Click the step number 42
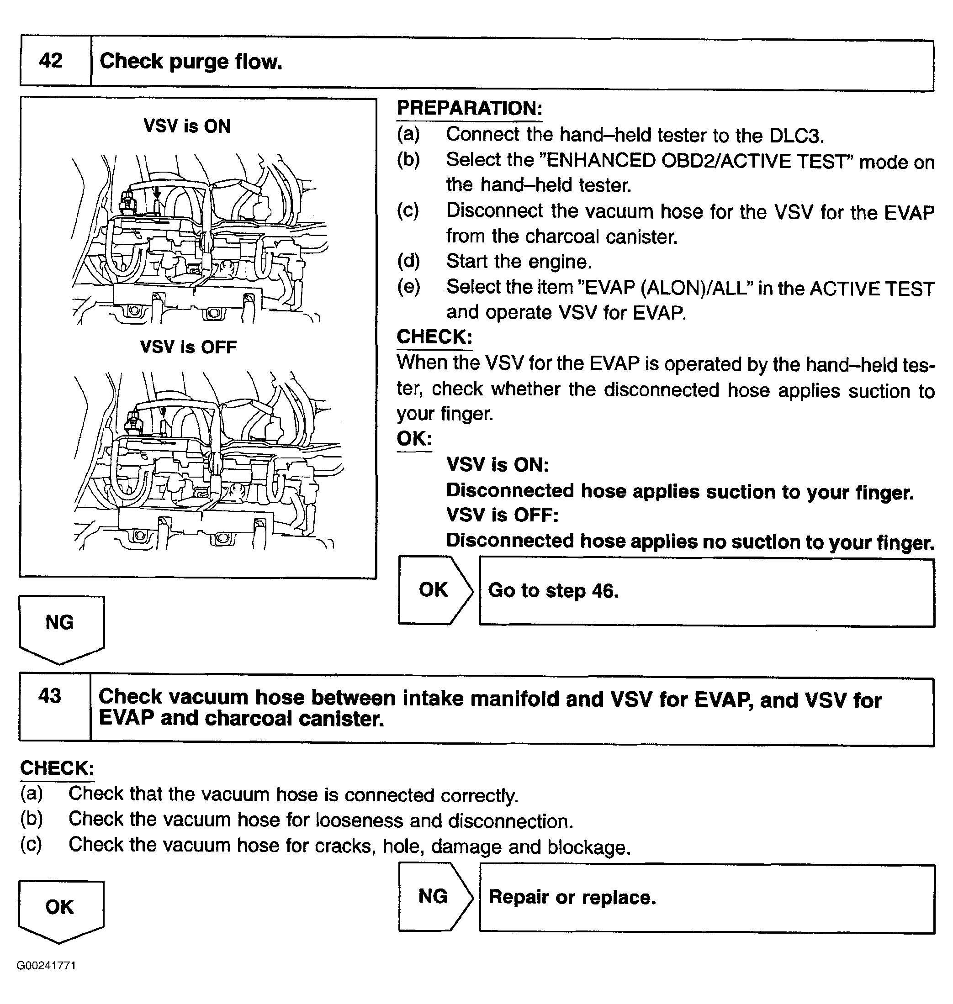tap(51, 61)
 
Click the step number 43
tap(50, 695)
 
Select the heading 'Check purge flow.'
tap(191, 62)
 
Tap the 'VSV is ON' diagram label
tap(187, 126)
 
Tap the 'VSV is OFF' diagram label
tap(188, 347)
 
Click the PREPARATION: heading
tap(469, 108)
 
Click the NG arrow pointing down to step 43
tap(60, 624)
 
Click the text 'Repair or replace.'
tap(572, 898)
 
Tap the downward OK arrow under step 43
tap(60, 908)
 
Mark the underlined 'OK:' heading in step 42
tap(414, 439)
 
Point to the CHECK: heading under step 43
tap(57, 768)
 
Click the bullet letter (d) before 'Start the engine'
tap(408, 262)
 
